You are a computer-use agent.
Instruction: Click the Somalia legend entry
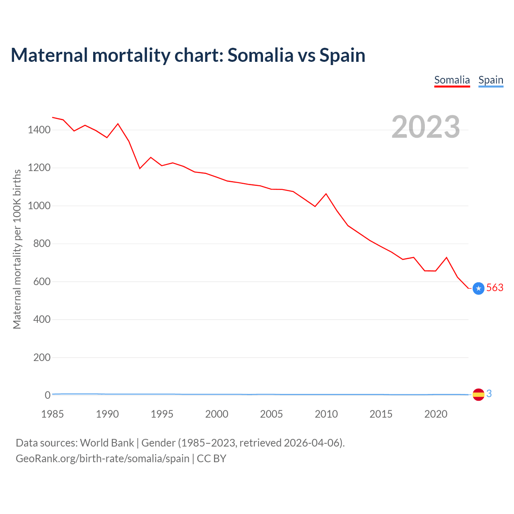tap(452, 80)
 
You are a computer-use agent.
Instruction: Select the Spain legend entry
tap(491, 80)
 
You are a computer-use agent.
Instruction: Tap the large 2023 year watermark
tap(426, 127)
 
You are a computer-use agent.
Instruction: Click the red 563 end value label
tap(495, 288)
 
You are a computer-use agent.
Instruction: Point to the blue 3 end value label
tap(489, 394)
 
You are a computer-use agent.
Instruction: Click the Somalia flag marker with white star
tap(478, 288)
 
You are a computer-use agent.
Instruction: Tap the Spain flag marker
tap(478, 395)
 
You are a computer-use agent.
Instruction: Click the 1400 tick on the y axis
tap(39, 130)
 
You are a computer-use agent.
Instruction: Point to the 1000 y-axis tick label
tap(39, 206)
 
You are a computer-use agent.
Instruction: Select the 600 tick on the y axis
tap(42, 281)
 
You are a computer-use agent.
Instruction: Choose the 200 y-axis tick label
tap(42, 357)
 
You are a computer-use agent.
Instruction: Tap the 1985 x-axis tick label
tap(53, 414)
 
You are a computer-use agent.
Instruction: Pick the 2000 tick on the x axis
tap(217, 414)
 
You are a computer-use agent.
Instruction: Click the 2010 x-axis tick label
tap(326, 414)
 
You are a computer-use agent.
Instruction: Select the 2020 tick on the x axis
tap(436, 414)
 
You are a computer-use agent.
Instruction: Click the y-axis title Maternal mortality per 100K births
tap(17, 249)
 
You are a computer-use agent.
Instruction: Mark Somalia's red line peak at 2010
tap(326, 194)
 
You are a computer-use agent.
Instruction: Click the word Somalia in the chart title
tap(260, 55)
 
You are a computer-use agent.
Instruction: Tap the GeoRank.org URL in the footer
tap(102, 458)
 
